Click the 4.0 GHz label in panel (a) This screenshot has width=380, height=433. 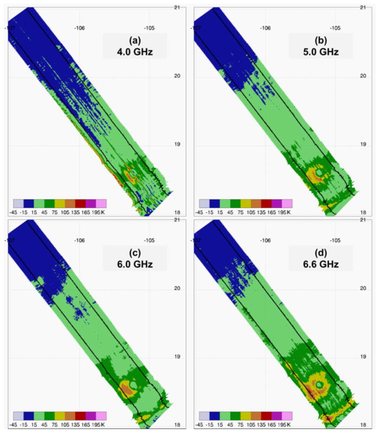[135, 52]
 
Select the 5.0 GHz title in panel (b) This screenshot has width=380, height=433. [321, 52]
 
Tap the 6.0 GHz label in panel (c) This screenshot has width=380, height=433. [135, 264]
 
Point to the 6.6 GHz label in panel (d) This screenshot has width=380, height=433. [321, 264]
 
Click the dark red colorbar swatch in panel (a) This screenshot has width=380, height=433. [80, 204]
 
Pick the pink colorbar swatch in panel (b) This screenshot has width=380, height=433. [287, 204]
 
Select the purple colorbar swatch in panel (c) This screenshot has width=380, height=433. [90, 416]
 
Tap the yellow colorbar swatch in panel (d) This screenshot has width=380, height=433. [246, 416]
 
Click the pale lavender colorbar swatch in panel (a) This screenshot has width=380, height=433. [18, 204]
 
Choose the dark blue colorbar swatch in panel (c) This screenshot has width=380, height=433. [29, 416]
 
